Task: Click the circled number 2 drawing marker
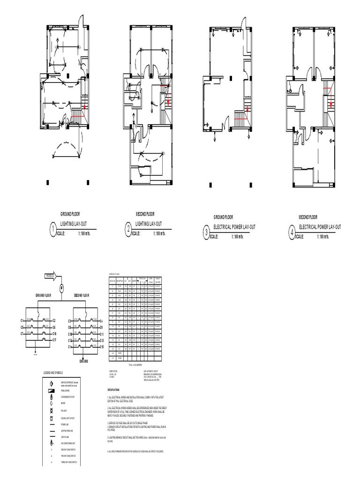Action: point(128,229)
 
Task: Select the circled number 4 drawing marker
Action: point(292,233)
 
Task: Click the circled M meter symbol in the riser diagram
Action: point(61,287)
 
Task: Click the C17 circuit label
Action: point(54,339)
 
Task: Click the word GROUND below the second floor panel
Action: point(83,362)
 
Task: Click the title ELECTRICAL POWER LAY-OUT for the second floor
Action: point(319,227)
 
